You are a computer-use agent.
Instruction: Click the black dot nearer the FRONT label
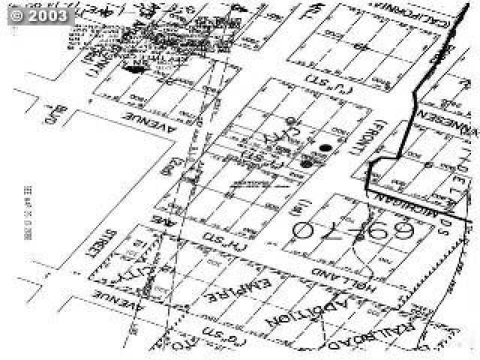pyautogui.click(x=325, y=148)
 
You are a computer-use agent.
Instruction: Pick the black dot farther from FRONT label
pyautogui.click(x=306, y=163)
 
